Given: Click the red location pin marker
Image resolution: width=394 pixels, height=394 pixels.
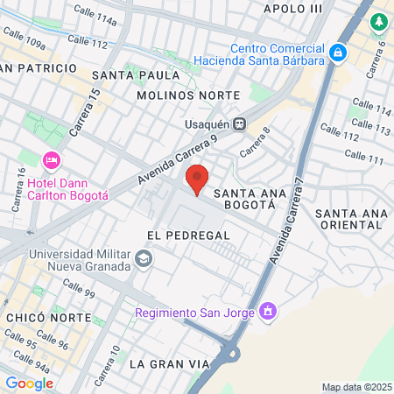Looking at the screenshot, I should pos(198,179).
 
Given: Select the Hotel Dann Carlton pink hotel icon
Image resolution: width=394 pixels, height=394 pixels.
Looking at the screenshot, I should pos(51,159).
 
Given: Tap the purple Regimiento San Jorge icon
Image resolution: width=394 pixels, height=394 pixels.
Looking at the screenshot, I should pos(267,311).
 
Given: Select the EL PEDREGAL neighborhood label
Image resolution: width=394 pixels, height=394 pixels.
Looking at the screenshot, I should pos(188,236).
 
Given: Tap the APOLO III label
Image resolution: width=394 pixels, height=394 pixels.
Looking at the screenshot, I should pos(292,8).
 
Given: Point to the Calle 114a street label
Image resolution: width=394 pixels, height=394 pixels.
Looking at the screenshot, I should pos(95,15).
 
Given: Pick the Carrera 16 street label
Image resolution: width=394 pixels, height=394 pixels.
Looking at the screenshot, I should pos(17,197).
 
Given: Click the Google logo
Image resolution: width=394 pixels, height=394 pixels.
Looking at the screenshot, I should pos(29,383).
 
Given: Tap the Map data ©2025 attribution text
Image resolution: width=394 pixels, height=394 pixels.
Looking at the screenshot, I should pos(355,387).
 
